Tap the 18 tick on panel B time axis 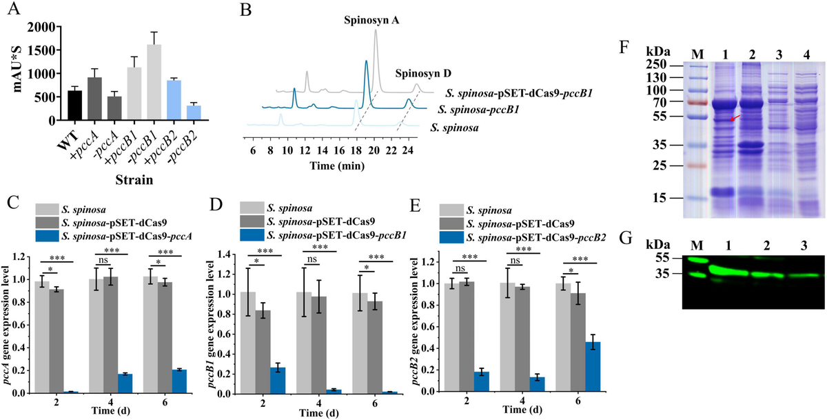click(x=356, y=150)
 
